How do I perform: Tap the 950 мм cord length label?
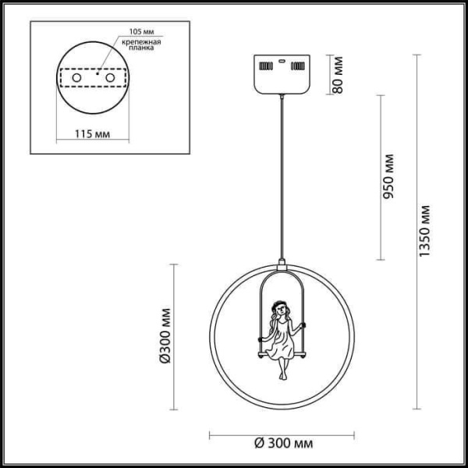(391, 179)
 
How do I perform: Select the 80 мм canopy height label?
(339, 74)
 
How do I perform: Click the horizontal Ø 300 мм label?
(284, 443)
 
